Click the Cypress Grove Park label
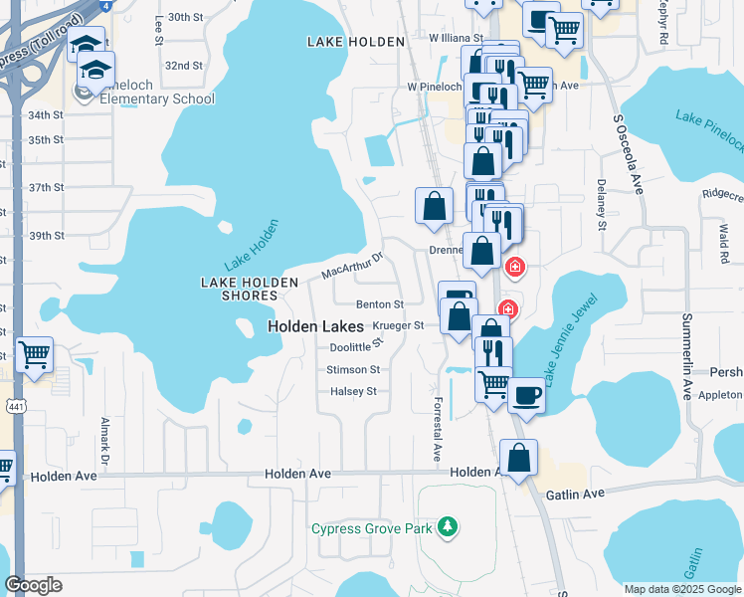point(371,528)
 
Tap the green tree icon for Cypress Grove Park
point(449,525)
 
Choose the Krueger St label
point(398,325)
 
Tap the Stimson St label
point(353,369)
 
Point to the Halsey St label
point(353,391)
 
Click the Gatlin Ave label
point(574,494)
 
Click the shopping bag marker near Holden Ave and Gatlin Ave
point(518,459)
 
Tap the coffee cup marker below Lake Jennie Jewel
point(526,395)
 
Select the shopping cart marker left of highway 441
point(34,353)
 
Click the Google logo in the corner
point(35,585)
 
